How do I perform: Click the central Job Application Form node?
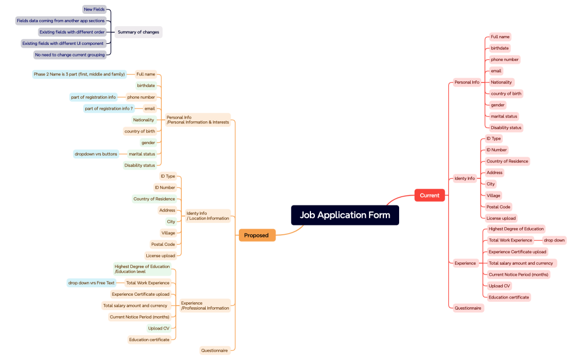(x=345, y=215)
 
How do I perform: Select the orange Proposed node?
(x=257, y=235)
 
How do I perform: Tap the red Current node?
(x=430, y=196)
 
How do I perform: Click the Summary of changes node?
(x=138, y=32)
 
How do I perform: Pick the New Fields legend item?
(x=94, y=9)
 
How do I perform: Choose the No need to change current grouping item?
(x=70, y=55)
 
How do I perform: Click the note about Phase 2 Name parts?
(x=79, y=74)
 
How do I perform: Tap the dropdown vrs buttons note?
(x=96, y=154)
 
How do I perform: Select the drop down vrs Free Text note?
(x=91, y=283)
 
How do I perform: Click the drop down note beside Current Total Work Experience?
(x=554, y=240)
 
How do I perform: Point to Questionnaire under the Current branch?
(x=468, y=308)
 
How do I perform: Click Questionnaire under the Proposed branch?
(x=215, y=351)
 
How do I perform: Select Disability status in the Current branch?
(x=506, y=127)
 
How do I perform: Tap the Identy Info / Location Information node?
(x=207, y=215)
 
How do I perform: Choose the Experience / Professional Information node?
(x=205, y=306)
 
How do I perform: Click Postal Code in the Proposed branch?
(x=163, y=244)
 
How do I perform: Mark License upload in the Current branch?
(x=501, y=218)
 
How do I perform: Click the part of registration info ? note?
(x=109, y=109)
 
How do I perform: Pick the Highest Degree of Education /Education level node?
(x=142, y=269)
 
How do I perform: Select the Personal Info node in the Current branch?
(x=467, y=82)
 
